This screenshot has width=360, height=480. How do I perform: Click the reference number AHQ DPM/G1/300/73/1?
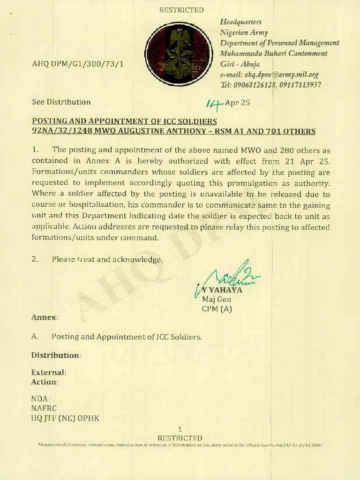click(x=78, y=64)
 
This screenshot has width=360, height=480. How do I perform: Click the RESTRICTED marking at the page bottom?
click(x=180, y=438)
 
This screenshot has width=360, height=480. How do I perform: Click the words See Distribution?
click(x=61, y=102)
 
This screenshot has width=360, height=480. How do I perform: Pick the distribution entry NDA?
click(x=40, y=398)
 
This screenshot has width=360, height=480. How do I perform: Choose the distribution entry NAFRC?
click(x=44, y=408)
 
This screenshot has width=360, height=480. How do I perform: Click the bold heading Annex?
click(x=45, y=317)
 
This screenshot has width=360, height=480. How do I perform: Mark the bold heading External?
click(x=49, y=372)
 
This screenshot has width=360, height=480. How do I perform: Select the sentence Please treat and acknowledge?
click(x=107, y=259)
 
